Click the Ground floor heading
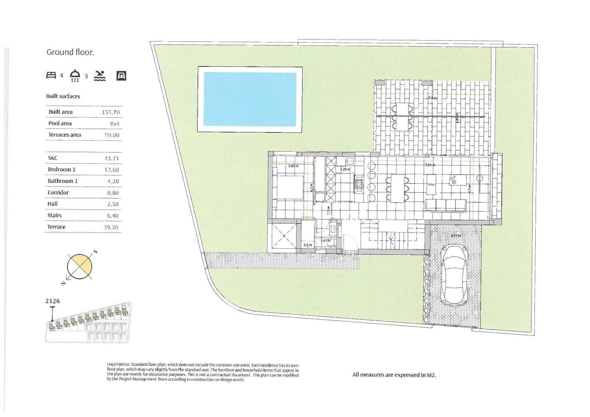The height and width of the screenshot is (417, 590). (70, 52)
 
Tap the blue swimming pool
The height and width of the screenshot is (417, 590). (250, 99)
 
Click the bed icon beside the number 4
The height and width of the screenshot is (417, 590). (51, 75)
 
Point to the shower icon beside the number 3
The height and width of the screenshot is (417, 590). (75, 75)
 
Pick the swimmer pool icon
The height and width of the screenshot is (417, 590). (100, 76)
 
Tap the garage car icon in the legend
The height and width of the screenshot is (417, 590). (121, 76)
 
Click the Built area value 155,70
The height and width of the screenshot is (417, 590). (111, 112)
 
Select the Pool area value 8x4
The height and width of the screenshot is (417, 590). (115, 124)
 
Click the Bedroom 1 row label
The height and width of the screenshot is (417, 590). (62, 169)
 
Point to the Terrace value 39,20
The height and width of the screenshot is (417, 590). (111, 227)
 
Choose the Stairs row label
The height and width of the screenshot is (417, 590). (54, 216)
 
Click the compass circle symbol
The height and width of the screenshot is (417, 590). (79, 266)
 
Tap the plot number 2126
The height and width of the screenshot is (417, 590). (52, 301)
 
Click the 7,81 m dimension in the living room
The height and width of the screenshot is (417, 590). (430, 165)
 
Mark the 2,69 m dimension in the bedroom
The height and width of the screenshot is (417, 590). (293, 166)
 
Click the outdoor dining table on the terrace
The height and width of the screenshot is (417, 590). (402, 116)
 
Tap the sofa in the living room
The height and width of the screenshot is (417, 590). (446, 205)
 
